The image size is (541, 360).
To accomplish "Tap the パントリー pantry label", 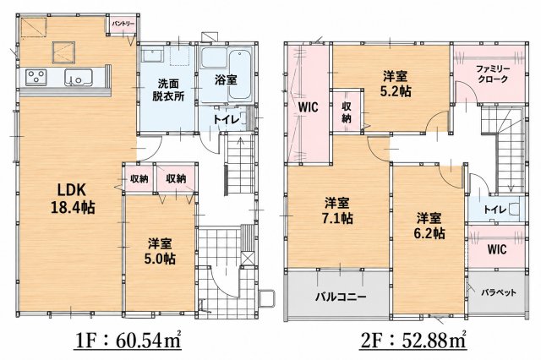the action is (x=123, y=24).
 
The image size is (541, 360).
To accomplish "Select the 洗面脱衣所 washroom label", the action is (x=168, y=90).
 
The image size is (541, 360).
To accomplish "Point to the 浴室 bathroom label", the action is (x=226, y=80).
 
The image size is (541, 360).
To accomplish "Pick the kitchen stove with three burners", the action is (x=36, y=77).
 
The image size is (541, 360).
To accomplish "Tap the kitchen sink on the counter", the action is (x=79, y=77).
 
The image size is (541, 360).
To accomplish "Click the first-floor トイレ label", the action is (x=226, y=120).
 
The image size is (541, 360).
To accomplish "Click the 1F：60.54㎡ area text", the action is (x=128, y=341).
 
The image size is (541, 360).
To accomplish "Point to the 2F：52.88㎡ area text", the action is (x=413, y=341).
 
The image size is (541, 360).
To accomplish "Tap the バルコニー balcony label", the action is (x=341, y=297).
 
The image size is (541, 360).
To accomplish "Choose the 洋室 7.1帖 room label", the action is (x=338, y=210).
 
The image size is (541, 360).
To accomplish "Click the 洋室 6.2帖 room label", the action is (x=429, y=226).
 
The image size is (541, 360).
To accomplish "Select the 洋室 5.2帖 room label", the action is (x=396, y=83).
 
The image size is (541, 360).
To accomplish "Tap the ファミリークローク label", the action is (x=493, y=74).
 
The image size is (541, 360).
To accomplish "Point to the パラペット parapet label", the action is (x=499, y=292).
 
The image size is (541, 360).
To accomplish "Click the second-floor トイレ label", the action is (x=495, y=210).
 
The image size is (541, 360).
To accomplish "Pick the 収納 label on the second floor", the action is (x=347, y=112).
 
